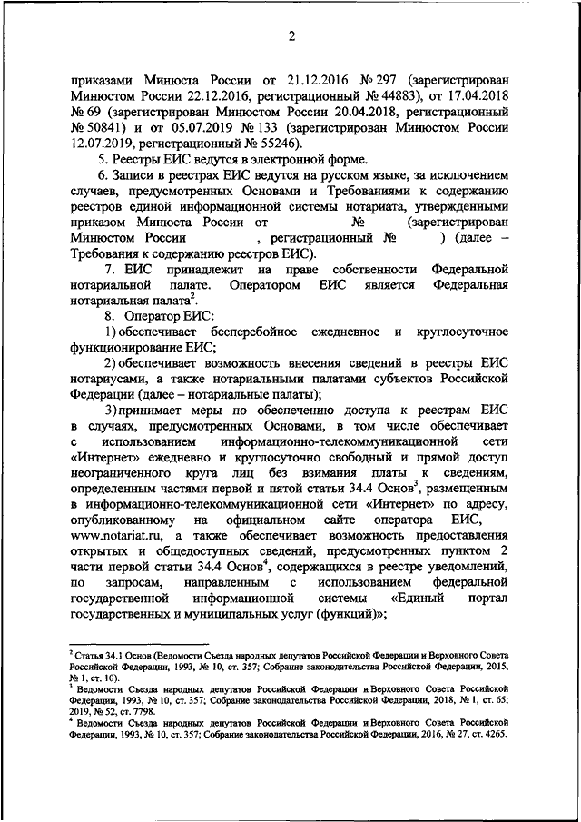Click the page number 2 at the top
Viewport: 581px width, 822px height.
point(290,36)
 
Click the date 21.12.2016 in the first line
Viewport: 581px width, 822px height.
point(297,79)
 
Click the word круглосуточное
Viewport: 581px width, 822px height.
point(461,331)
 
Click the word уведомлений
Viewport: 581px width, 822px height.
point(472,568)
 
